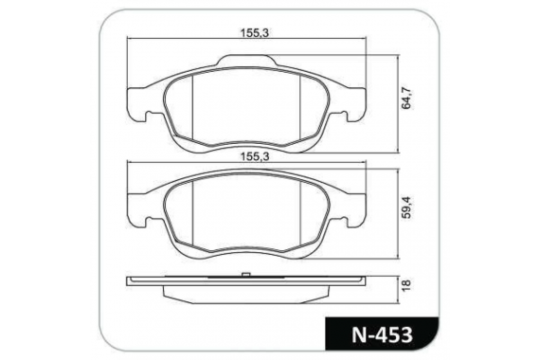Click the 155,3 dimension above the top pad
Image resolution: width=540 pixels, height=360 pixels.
point(255,33)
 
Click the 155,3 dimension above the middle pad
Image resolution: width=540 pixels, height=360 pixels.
point(255,156)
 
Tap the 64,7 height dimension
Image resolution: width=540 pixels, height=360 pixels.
point(406,99)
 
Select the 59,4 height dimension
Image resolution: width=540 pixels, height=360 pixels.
point(406,207)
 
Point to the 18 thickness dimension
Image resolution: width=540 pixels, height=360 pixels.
point(406,285)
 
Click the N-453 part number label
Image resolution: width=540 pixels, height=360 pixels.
point(382,334)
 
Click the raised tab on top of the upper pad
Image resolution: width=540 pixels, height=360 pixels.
point(246,61)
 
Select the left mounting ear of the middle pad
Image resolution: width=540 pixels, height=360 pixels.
point(140,210)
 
